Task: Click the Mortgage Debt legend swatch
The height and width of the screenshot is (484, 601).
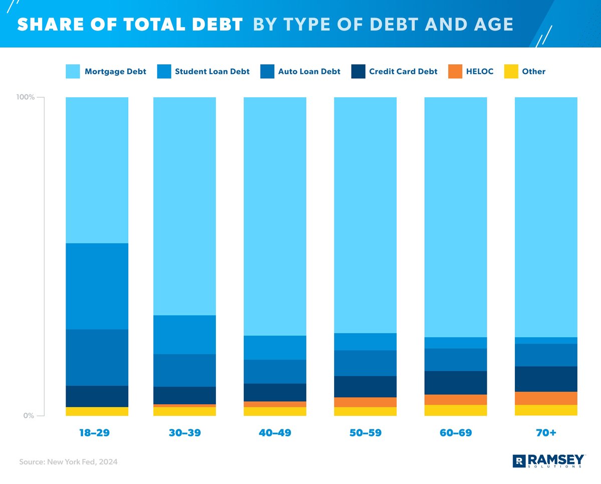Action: pyautogui.click(x=73, y=72)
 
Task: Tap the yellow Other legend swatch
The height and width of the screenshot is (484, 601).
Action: pyautogui.click(x=510, y=72)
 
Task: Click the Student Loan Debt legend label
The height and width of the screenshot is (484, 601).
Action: pyautogui.click(x=212, y=72)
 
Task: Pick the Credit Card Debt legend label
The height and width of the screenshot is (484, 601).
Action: pyautogui.click(x=403, y=72)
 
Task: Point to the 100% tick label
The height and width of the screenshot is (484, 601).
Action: pyautogui.click(x=25, y=97)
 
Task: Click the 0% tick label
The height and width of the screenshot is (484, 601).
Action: pyautogui.click(x=28, y=416)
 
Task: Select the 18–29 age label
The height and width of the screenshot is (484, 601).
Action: pyautogui.click(x=94, y=433)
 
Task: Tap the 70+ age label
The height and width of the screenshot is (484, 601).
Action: pyautogui.click(x=546, y=433)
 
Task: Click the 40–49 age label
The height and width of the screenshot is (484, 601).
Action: pyautogui.click(x=274, y=433)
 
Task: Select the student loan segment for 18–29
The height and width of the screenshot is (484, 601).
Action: pyautogui.click(x=97, y=286)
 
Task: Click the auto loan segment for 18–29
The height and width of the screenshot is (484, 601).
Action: pyautogui.click(x=97, y=357)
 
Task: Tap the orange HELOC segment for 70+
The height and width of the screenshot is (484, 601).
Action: pyautogui.click(x=546, y=398)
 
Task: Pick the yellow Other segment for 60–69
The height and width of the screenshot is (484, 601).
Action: pyautogui.click(x=456, y=410)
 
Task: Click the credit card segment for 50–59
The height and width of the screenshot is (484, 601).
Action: pyautogui.click(x=365, y=386)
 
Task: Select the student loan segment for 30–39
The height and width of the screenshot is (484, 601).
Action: pyautogui.click(x=184, y=335)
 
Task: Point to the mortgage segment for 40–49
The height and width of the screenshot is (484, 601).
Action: pyautogui.click(x=274, y=216)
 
